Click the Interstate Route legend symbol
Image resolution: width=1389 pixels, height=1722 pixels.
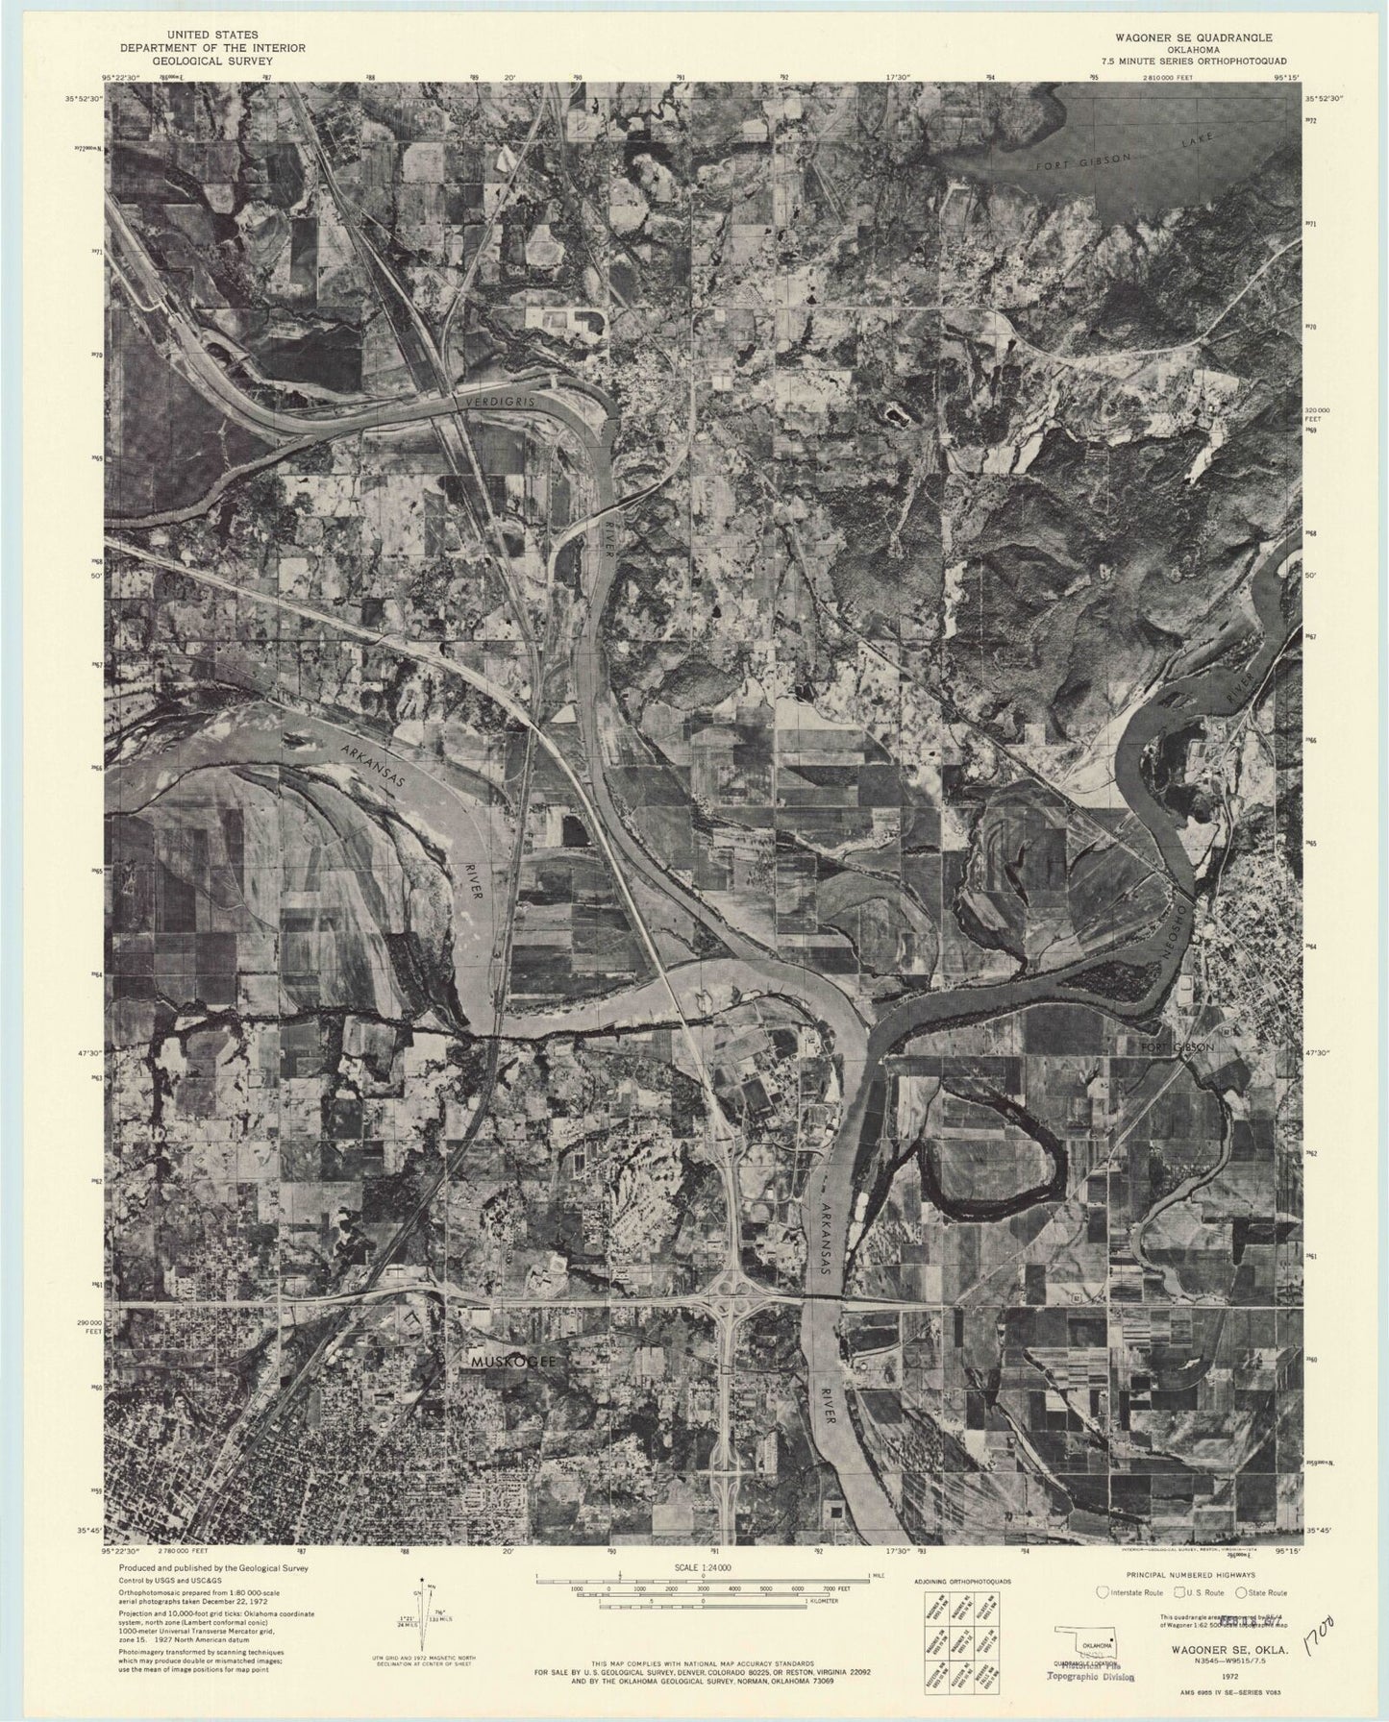1103,1591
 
